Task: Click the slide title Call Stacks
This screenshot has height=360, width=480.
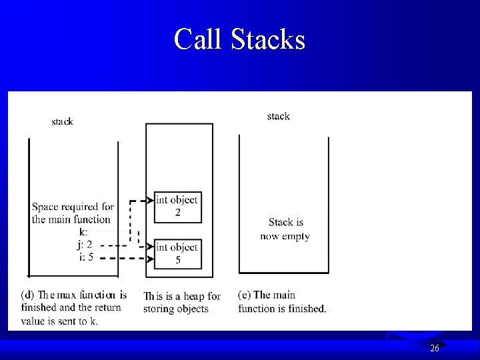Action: click(x=239, y=39)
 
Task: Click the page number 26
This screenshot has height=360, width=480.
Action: click(x=434, y=348)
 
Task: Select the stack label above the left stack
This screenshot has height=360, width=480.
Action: click(x=62, y=121)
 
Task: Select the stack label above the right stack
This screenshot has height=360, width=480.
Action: click(x=278, y=116)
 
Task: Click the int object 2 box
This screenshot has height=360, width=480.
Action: click(x=177, y=207)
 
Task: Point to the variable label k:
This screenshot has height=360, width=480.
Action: click(x=83, y=232)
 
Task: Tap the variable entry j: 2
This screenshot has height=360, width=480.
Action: click(x=84, y=245)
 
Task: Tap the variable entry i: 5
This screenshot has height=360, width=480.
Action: click(x=85, y=257)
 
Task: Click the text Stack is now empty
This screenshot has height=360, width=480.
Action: click(x=285, y=229)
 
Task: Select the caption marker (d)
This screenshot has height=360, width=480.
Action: click(x=28, y=295)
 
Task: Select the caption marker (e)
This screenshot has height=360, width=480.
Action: click(x=244, y=295)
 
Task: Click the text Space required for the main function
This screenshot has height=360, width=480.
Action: click(x=72, y=213)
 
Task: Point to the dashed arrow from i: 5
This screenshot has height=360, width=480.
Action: click(x=123, y=258)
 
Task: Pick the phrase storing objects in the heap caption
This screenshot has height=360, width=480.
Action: click(x=175, y=309)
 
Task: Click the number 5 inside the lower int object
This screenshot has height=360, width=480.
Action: click(x=177, y=260)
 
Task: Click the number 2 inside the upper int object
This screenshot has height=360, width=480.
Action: click(x=177, y=213)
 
